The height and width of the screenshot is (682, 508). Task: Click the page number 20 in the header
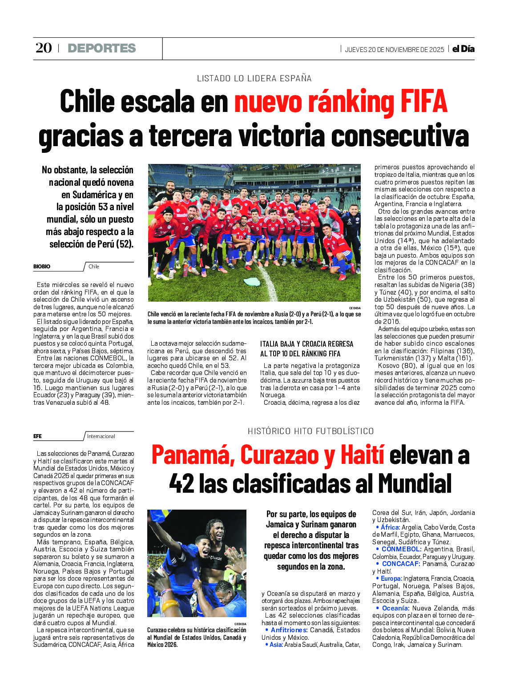tap(44, 48)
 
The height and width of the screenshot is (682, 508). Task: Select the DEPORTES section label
tap(101, 48)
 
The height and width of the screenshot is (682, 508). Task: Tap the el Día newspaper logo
tap(463, 49)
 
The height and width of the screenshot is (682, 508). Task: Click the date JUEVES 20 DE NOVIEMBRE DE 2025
tap(394, 50)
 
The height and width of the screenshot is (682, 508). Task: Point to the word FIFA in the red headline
tap(423, 102)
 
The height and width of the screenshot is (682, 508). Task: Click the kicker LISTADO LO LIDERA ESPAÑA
tap(254, 79)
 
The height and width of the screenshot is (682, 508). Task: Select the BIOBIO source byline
tap(42, 267)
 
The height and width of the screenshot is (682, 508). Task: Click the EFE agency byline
tap(37, 436)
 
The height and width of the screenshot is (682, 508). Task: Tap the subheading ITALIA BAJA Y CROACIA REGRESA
tap(306, 344)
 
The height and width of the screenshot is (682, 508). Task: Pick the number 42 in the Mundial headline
tap(181, 483)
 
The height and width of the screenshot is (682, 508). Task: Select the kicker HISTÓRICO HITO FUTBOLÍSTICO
tap(310, 431)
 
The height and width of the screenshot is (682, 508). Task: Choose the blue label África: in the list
tap(390, 527)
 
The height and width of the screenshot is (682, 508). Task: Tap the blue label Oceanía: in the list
tap(395, 608)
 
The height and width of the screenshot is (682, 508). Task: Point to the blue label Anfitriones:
tap(289, 630)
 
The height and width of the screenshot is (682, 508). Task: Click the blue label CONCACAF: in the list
tap(401, 564)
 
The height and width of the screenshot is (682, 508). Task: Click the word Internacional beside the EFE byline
tap(101, 436)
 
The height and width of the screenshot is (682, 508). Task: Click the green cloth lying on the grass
tap(252, 283)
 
